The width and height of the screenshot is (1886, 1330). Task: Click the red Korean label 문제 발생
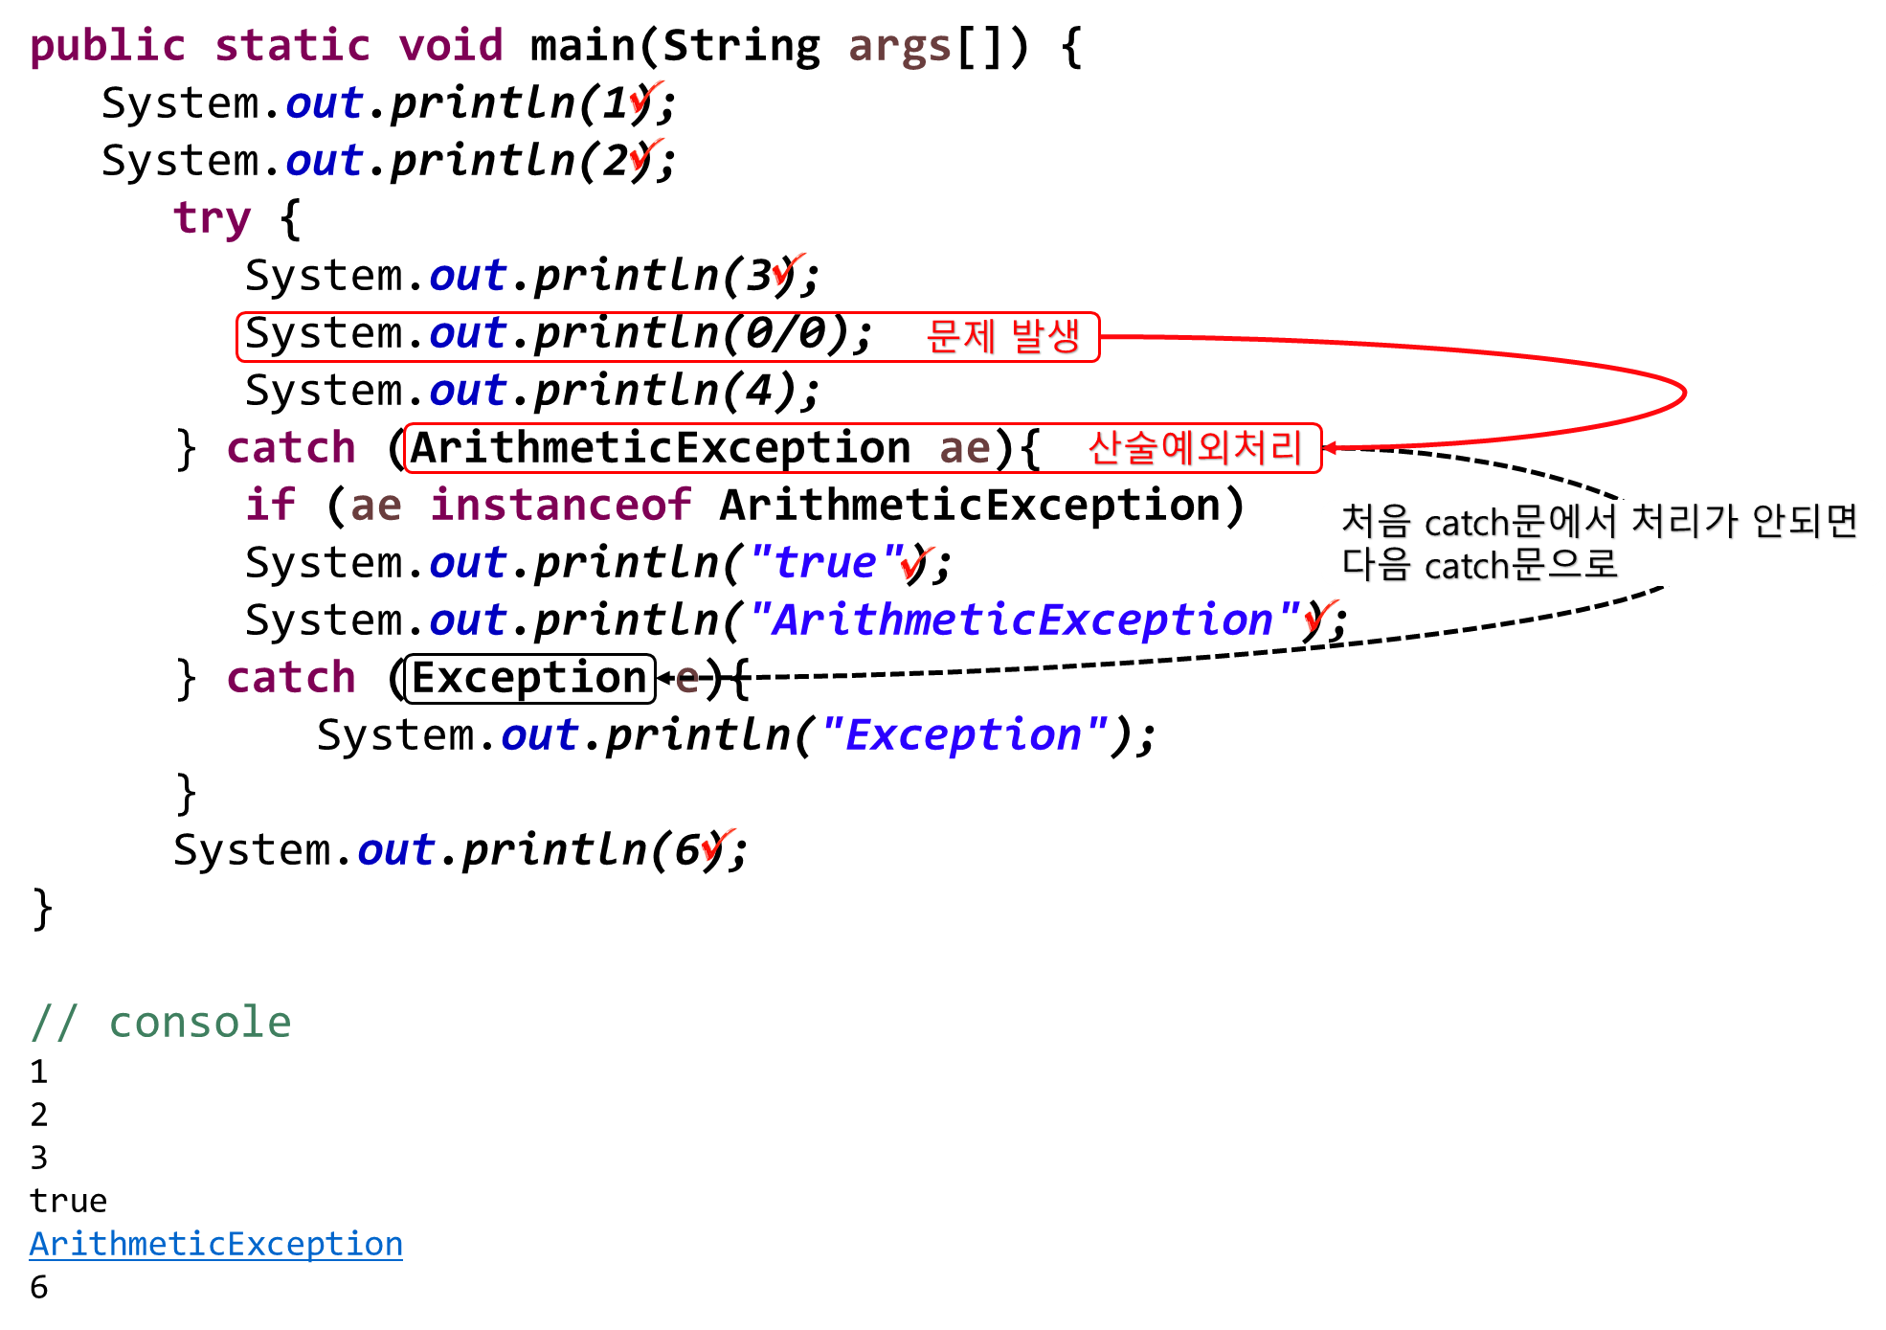pos(1003,336)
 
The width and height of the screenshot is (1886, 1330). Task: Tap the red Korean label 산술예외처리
pos(1195,447)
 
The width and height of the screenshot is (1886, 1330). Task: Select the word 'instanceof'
pos(561,505)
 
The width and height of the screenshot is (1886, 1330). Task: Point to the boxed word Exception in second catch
pos(529,678)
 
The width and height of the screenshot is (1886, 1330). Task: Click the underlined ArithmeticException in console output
pos(216,1243)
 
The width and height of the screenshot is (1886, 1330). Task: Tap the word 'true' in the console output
pos(68,1201)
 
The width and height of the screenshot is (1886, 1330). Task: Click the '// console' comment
pos(161,1022)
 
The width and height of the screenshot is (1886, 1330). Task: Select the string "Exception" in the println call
pos(963,735)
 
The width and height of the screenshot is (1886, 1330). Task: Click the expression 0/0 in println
pos(786,333)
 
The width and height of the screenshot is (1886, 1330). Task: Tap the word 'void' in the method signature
pos(451,45)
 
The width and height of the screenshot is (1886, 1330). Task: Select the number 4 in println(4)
pos(759,391)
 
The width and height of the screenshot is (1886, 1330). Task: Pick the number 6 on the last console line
pos(38,1287)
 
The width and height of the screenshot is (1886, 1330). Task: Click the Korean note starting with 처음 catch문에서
pos(1599,543)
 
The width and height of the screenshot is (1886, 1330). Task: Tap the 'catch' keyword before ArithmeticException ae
pos(291,447)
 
